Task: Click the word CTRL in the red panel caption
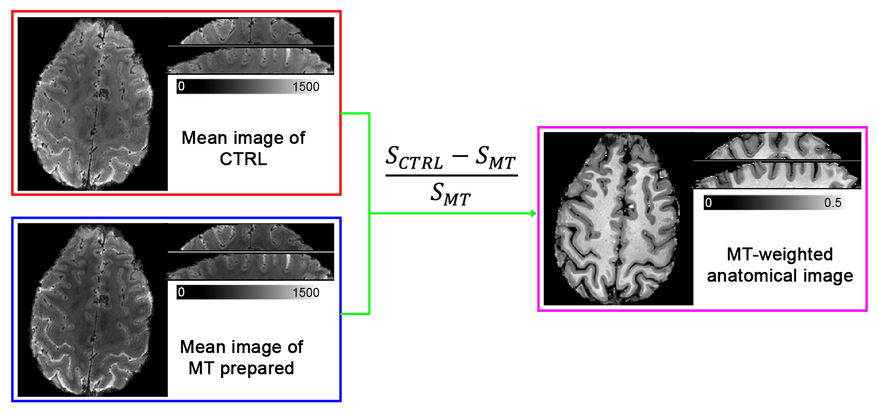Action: coord(243,159)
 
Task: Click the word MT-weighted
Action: coord(780,254)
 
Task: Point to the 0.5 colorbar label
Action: coord(833,203)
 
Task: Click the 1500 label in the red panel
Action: coord(306,87)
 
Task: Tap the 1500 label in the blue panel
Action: coord(306,293)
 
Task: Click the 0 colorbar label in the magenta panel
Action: coord(708,203)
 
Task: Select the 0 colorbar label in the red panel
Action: coord(182,86)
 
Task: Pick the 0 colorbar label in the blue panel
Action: coord(182,292)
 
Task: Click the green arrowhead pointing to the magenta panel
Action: coord(533,214)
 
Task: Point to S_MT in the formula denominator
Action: coord(450,194)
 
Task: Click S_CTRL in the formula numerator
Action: coord(414,158)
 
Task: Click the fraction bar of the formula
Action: coord(451,175)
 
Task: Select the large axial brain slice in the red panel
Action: coord(93,104)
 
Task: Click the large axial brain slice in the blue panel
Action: coord(93,310)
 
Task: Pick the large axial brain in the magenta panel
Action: coord(618,218)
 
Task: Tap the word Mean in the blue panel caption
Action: coord(203,347)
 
